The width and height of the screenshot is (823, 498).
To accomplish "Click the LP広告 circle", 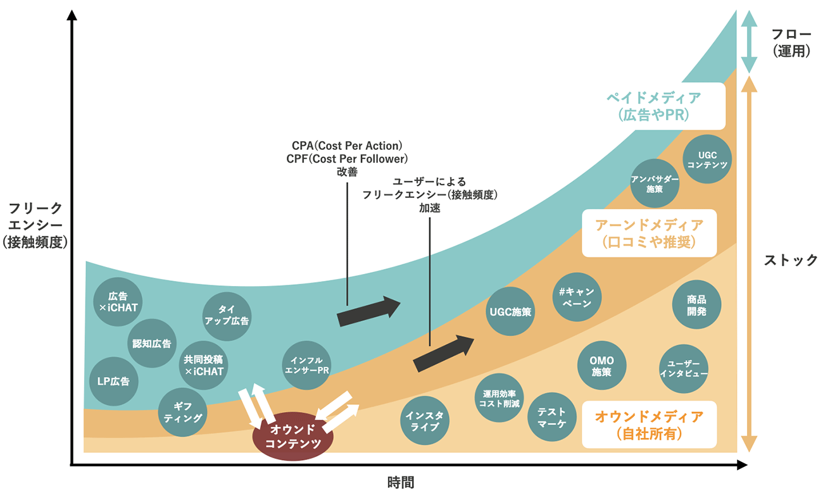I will point(114,382).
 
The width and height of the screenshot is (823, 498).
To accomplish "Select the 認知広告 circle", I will point(152,344).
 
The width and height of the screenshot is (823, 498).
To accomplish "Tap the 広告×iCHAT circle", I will point(118,302).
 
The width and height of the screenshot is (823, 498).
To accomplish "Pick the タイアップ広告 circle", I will point(227,314).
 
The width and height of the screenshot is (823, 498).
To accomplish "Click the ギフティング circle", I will point(182,412).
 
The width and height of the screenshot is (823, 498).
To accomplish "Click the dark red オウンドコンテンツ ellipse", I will point(292,437).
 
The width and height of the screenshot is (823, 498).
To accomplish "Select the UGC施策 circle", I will point(511,312).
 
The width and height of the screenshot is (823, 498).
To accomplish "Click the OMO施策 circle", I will point(601,366).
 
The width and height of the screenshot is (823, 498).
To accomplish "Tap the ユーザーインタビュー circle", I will point(684,369).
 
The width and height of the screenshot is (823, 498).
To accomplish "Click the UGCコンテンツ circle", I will point(707,159).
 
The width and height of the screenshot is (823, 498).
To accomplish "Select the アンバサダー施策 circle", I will point(655,184).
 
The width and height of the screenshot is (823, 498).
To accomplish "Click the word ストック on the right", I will point(791,260).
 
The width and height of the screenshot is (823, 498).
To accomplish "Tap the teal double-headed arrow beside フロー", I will point(748,42).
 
